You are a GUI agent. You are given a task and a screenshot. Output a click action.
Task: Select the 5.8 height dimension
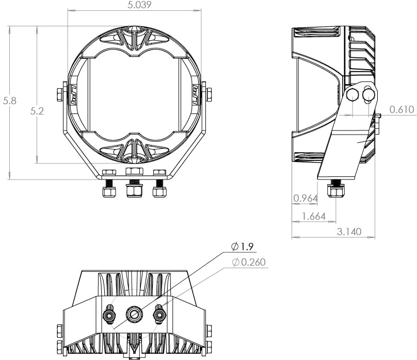click(x=9, y=101)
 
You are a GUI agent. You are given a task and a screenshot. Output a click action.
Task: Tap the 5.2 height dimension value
click(x=36, y=110)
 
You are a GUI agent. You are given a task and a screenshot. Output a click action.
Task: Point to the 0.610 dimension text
click(x=401, y=109)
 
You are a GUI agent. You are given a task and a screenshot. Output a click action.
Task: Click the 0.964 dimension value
click(x=304, y=198)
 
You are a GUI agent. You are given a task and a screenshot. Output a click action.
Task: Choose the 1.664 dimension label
click(x=314, y=217)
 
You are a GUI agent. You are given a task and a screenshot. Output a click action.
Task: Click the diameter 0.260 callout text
click(x=249, y=263)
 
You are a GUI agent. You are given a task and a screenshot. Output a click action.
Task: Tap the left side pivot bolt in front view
click(x=59, y=94)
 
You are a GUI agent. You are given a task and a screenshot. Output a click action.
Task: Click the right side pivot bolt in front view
click(x=208, y=94)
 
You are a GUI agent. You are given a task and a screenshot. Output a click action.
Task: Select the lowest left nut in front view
click(x=108, y=192)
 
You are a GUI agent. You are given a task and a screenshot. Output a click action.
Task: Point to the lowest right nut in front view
click(x=159, y=192)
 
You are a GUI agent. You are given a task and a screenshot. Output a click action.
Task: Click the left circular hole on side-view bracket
click(x=352, y=94)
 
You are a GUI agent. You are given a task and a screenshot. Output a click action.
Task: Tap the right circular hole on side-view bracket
click(x=368, y=94)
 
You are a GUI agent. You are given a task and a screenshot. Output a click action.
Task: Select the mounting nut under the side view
click(x=336, y=192)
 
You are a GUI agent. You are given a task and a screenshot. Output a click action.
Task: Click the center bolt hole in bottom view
click(x=134, y=313)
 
